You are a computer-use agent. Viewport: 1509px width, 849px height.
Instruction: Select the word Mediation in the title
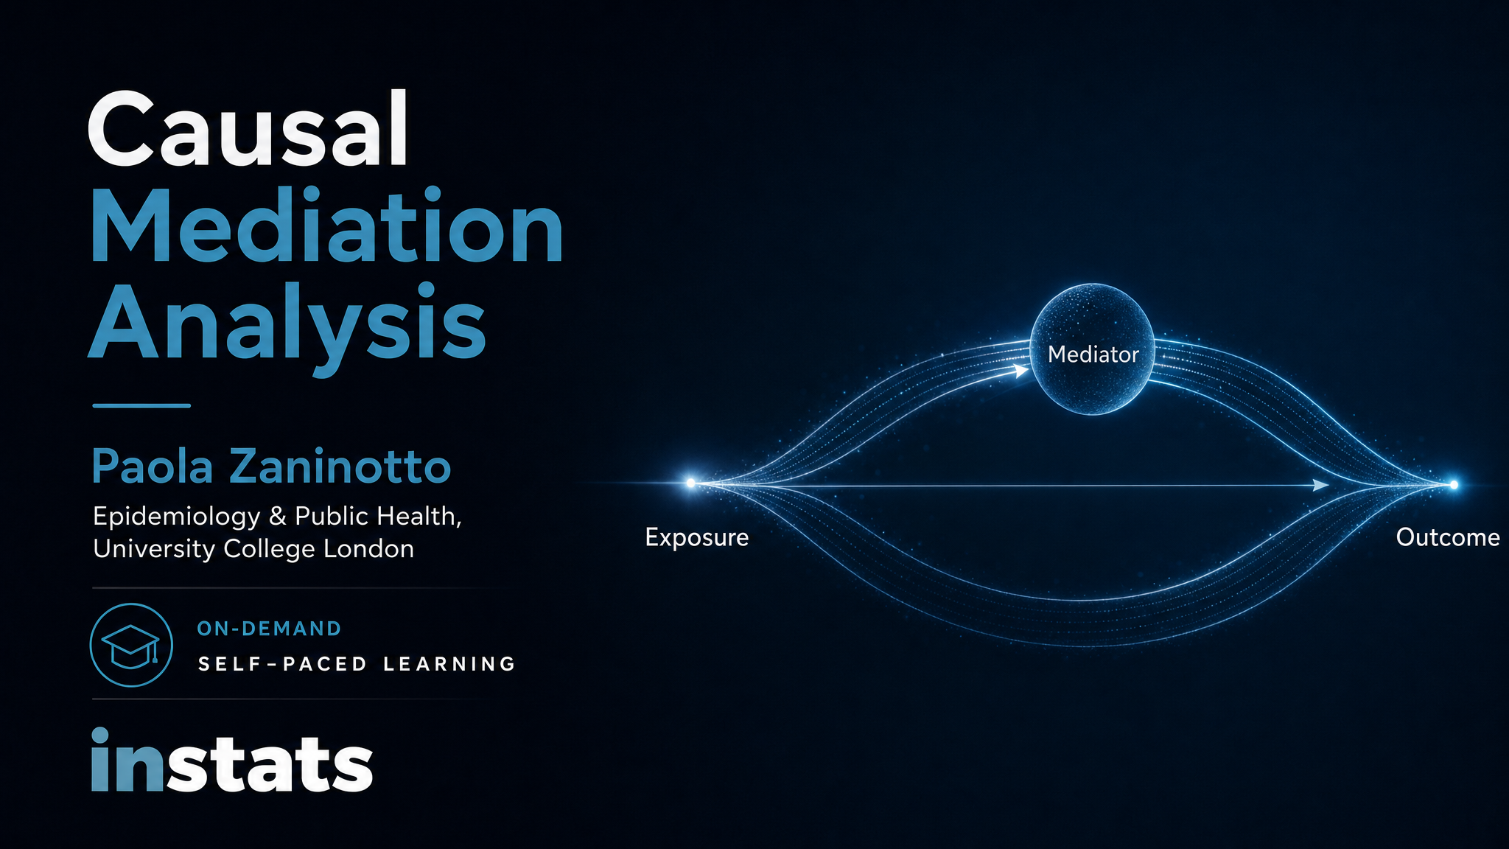click(327, 225)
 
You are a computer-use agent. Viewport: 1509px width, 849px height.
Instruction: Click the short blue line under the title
click(141, 405)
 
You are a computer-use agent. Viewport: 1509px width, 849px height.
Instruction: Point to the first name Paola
click(153, 467)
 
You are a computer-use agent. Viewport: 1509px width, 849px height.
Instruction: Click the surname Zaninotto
click(340, 467)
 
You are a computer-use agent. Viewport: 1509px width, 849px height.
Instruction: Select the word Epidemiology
click(177, 517)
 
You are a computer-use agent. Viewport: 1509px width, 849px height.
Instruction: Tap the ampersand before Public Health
click(278, 516)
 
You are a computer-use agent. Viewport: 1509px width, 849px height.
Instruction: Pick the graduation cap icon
click(131, 646)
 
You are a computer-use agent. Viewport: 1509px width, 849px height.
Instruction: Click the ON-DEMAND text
click(270, 629)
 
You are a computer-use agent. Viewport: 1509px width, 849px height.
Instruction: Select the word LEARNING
click(449, 664)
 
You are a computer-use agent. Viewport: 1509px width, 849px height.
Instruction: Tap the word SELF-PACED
click(283, 664)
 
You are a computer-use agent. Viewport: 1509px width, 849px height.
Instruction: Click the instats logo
click(232, 761)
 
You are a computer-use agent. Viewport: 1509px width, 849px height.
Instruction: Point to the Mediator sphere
click(1093, 349)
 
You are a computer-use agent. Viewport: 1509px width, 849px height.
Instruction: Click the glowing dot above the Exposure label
click(690, 483)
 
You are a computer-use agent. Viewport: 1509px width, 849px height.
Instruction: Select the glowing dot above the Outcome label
click(1454, 484)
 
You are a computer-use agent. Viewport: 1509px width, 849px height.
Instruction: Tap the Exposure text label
click(697, 537)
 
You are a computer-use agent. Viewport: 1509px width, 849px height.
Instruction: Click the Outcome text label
click(1448, 537)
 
